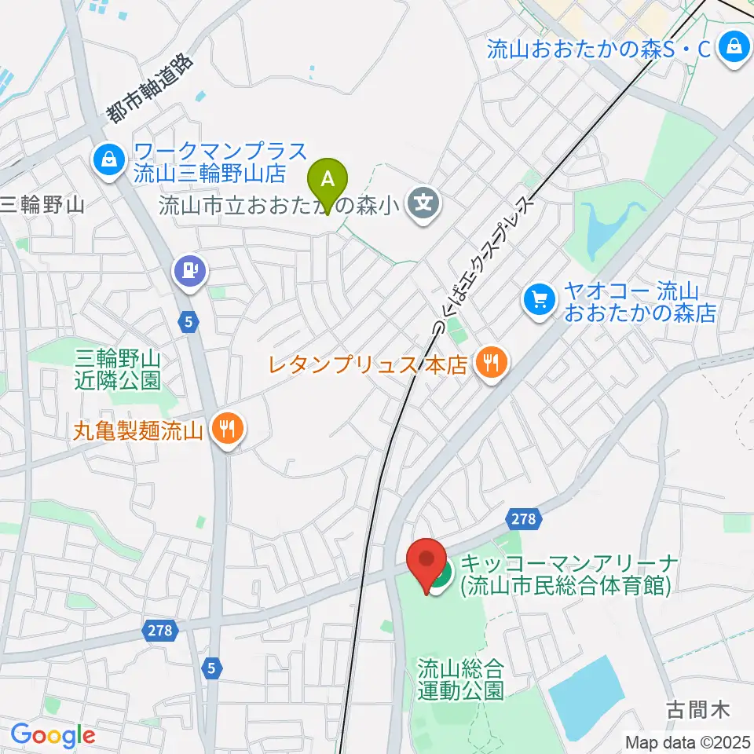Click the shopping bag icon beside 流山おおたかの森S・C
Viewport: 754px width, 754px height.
[734, 46]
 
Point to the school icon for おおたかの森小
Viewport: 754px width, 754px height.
[424, 206]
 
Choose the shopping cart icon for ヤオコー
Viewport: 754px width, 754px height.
[540, 298]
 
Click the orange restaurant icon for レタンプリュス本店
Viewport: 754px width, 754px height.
[492, 362]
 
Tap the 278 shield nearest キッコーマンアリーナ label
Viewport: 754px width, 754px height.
[522, 518]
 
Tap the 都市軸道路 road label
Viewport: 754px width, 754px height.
[149, 88]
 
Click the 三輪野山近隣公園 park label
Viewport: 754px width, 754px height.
[118, 371]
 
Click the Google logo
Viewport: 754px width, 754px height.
[53, 735]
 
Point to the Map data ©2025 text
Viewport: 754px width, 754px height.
[688, 741]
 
